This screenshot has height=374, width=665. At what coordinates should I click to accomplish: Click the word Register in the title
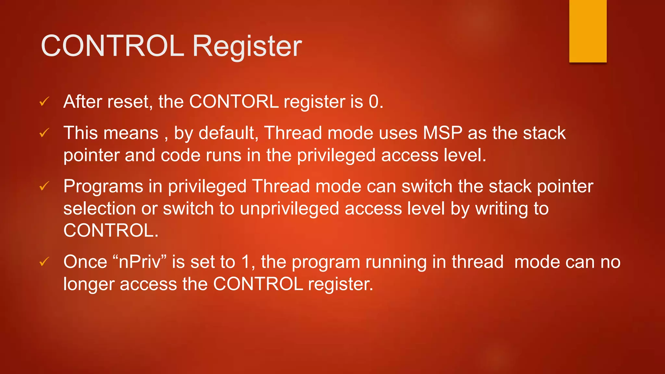247,47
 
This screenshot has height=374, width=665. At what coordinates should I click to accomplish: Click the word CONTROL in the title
112,46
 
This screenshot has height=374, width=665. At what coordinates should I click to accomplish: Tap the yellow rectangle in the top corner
588,31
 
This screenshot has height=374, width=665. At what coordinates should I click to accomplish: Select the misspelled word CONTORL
234,102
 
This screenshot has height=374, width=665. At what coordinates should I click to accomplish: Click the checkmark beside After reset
44,102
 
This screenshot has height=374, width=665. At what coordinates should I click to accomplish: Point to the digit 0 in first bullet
374,102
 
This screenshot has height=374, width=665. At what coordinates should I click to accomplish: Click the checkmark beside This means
44,133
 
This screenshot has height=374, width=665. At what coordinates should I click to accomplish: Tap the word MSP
443,133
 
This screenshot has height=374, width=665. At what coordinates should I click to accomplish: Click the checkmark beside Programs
44,186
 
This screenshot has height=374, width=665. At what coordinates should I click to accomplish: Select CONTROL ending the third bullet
110,231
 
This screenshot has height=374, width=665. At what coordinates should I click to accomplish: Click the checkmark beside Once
44,262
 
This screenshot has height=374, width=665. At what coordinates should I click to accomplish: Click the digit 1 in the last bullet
246,262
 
